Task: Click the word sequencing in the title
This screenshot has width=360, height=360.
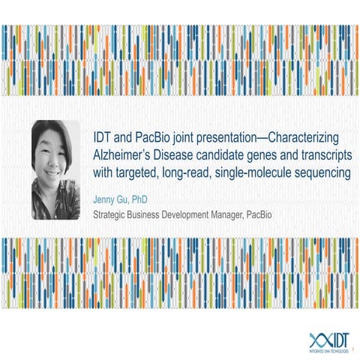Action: pos(316,174)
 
